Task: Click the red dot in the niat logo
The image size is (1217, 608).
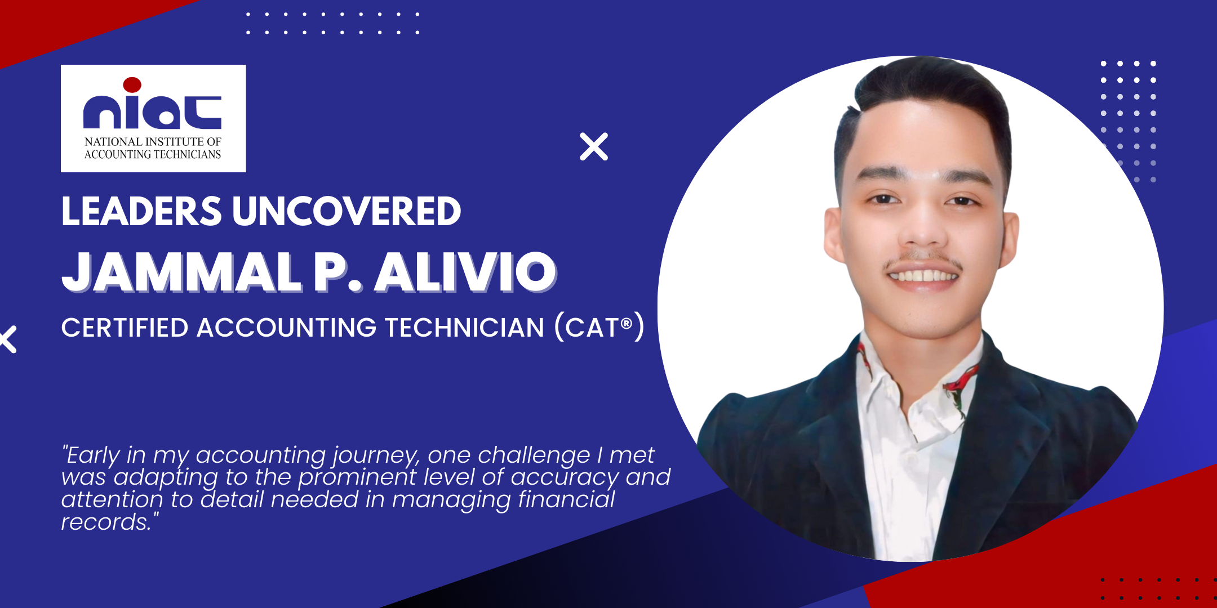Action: click(132, 85)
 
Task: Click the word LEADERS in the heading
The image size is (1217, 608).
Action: click(141, 212)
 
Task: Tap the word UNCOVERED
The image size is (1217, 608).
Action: click(347, 212)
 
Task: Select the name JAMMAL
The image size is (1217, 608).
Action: click(181, 272)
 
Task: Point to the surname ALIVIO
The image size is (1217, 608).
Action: click(466, 272)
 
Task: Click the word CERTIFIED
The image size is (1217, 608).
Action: click(125, 328)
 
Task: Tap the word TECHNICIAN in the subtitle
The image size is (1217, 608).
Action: click(464, 328)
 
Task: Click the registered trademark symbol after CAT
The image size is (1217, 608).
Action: click(626, 323)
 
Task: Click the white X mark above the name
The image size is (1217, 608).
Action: click(594, 147)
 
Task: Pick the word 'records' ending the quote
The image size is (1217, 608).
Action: click(105, 522)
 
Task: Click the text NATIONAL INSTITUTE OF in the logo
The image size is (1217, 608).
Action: click(153, 142)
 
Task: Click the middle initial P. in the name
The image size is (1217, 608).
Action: click(337, 272)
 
